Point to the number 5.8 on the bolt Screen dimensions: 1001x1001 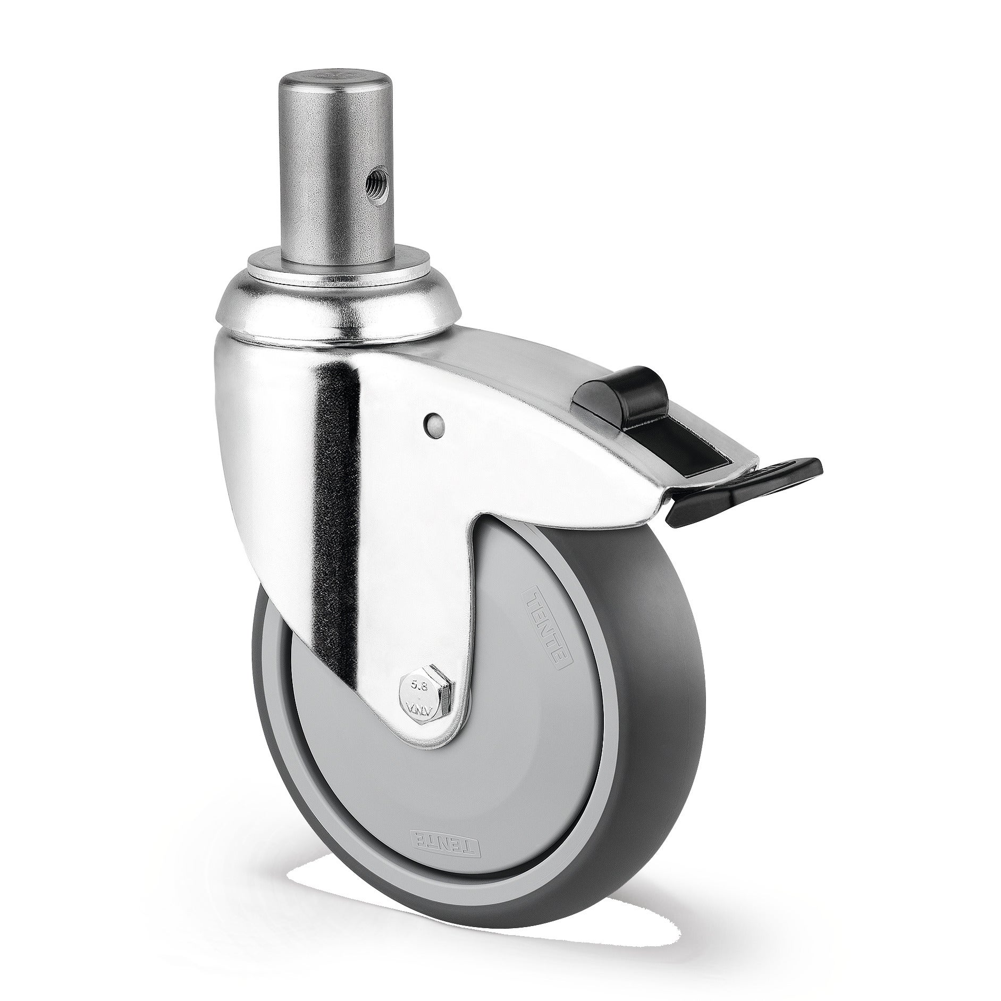point(420,685)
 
